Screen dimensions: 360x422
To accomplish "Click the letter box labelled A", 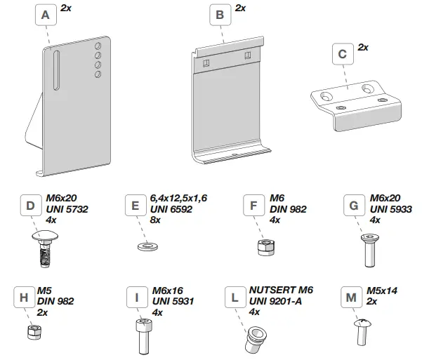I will (x=46, y=15).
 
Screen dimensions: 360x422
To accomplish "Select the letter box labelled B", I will (x=220, y=15).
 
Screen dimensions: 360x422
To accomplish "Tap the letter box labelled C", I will (x=342, y=53).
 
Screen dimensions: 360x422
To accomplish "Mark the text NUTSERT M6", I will (x=281, y=290).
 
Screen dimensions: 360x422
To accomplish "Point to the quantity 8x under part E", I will (x=154, y=220).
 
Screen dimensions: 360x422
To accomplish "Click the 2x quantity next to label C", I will (x=363, y=47).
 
